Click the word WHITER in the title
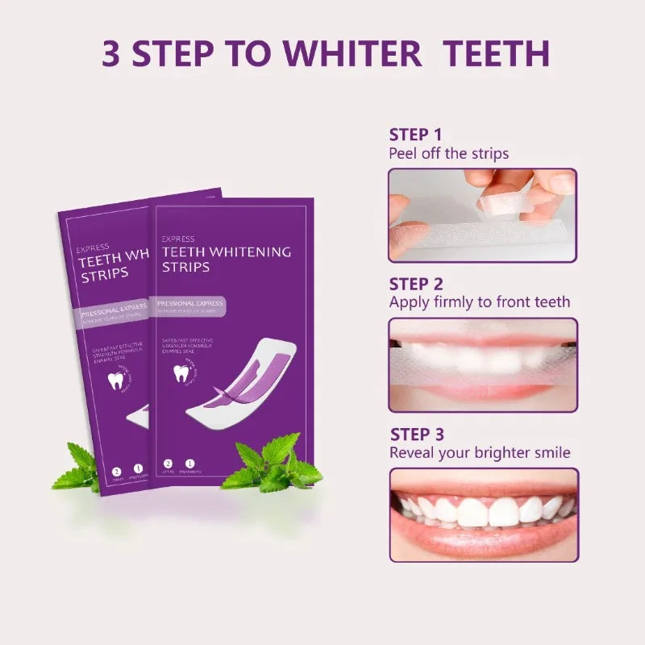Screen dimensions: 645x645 pos(354,52)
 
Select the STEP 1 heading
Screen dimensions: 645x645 pos(415,135)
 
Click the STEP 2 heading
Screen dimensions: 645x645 pos(416,284)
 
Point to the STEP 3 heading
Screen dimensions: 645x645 pos(417,435)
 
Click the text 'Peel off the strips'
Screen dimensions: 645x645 pos(448,153)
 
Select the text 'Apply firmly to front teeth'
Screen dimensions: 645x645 pos(479,302)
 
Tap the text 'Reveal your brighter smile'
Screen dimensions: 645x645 pos(480,452)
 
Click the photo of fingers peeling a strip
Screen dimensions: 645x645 pos(482,215)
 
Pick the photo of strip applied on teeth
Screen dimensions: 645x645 pos(482,364)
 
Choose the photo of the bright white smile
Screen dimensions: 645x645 pos(482,514)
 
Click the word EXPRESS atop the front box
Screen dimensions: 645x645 pos(178,239)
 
